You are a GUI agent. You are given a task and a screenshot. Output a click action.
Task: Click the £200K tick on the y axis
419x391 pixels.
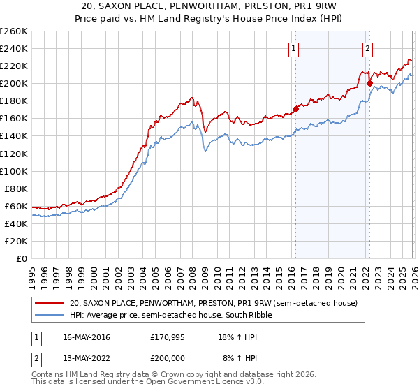click(x=14, y=83)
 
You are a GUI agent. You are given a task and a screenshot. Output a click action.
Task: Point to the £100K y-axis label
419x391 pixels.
click(x=14, y=171)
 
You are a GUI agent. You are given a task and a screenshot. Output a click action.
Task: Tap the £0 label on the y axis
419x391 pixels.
click(x=20, y=258)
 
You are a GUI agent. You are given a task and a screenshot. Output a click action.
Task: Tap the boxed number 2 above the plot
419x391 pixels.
click(x=367, y=48)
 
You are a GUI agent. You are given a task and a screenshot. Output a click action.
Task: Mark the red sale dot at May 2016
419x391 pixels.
click(x=295, y=109)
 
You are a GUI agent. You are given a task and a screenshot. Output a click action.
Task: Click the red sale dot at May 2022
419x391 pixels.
click(x=369, y=83)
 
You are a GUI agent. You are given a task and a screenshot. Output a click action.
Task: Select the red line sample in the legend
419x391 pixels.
click(x=49, y=303)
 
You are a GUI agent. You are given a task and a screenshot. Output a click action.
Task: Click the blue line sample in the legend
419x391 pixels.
click(x=49, y=315)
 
